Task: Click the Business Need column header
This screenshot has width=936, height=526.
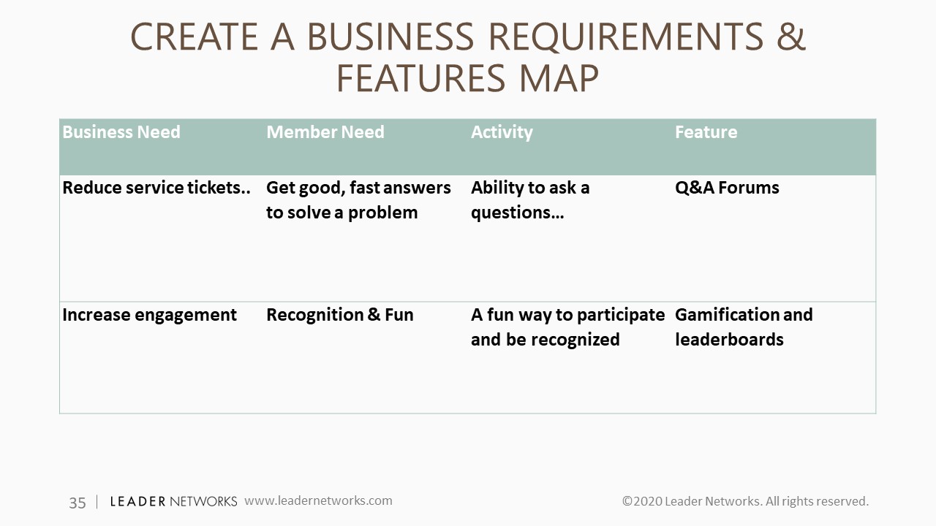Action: click(121, 132)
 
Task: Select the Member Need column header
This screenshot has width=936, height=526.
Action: click(325, 132)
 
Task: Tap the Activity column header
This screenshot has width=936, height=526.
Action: click(502, 133)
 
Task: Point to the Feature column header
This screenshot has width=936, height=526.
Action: click(706, 132)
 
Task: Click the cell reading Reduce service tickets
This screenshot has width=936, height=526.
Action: click(156, 188)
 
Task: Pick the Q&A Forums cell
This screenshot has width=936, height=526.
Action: click(727, 188)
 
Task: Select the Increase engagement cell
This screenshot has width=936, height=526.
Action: click(149, 315)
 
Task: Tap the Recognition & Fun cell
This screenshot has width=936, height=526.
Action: click(340, 315)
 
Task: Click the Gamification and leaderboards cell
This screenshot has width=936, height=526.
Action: click(744, 327)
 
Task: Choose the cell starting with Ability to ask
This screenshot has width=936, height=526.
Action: click(530, 200)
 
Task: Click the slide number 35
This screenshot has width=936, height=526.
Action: click(78, 503)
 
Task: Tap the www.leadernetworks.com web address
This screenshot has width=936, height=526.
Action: click(318, 500)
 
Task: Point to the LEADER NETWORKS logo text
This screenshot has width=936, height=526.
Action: click(173, 501)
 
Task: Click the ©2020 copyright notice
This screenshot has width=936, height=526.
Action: click(745, 501)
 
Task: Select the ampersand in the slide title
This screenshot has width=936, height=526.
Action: click(791, 37)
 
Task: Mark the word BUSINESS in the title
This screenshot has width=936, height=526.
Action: click(390, 37)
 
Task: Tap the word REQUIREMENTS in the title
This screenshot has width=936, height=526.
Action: click(625, 37)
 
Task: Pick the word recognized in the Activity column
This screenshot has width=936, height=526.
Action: click(578, 340)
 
